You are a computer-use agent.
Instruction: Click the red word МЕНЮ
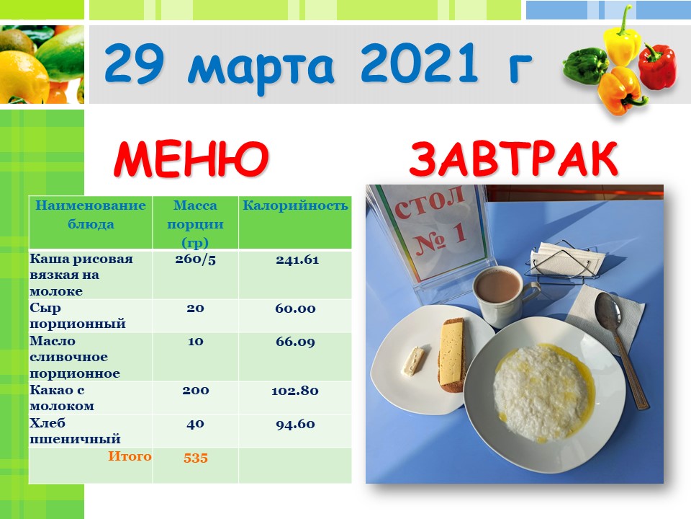pos(191,159)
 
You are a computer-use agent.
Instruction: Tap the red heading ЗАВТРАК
pos(514,159)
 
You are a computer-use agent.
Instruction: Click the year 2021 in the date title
pos(419,63)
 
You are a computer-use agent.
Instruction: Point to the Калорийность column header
pos(295,205)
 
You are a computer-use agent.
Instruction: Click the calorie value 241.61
pos(297,260)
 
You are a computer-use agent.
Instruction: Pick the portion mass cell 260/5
pos(195,259)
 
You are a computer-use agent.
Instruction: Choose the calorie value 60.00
pos(295,309)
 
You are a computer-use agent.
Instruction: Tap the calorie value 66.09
pos(295,342)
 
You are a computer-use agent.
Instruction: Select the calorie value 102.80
pos(295,391)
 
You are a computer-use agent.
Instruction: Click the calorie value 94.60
pos(295,425)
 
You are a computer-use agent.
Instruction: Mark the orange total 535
pos(196,458)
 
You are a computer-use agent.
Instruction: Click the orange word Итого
pos(130,456)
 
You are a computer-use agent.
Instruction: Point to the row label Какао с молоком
pos(62,398)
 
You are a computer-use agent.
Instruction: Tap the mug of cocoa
pos(503,296)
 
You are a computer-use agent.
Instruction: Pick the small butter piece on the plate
pos(413,361)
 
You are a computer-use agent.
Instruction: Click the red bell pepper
pos(657,66)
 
